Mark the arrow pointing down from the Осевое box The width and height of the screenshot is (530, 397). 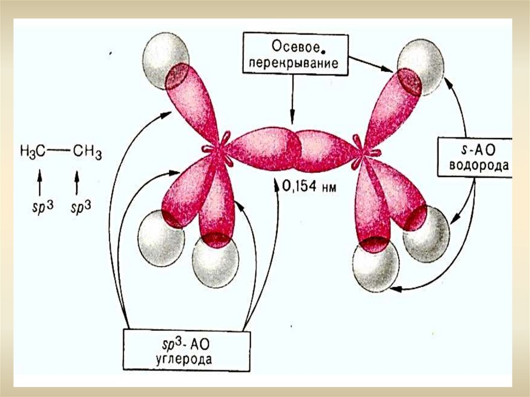tap(292, 98)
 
